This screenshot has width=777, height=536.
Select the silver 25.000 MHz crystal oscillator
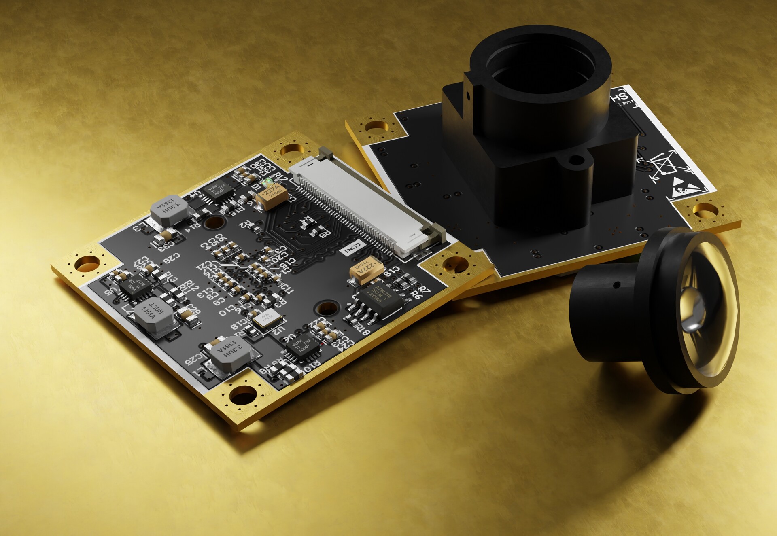tap(267, 319)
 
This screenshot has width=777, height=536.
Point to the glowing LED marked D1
tap(267, 182)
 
